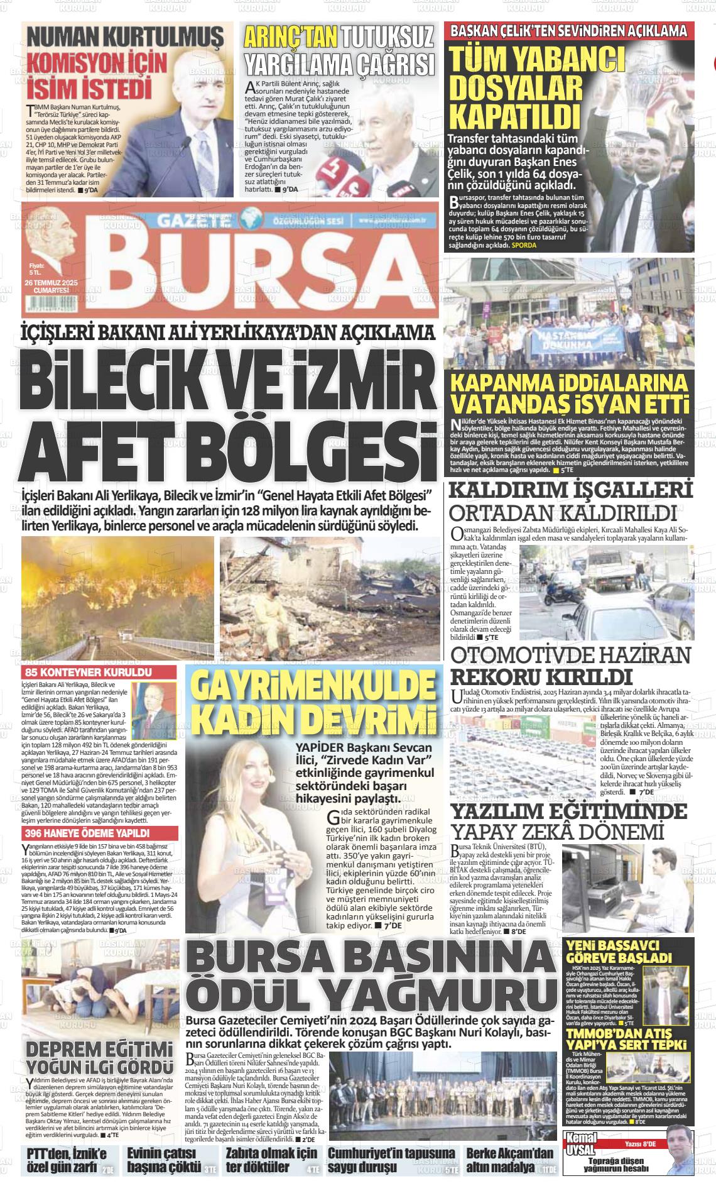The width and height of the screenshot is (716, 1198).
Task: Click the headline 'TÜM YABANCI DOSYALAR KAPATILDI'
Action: click(538, 88)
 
